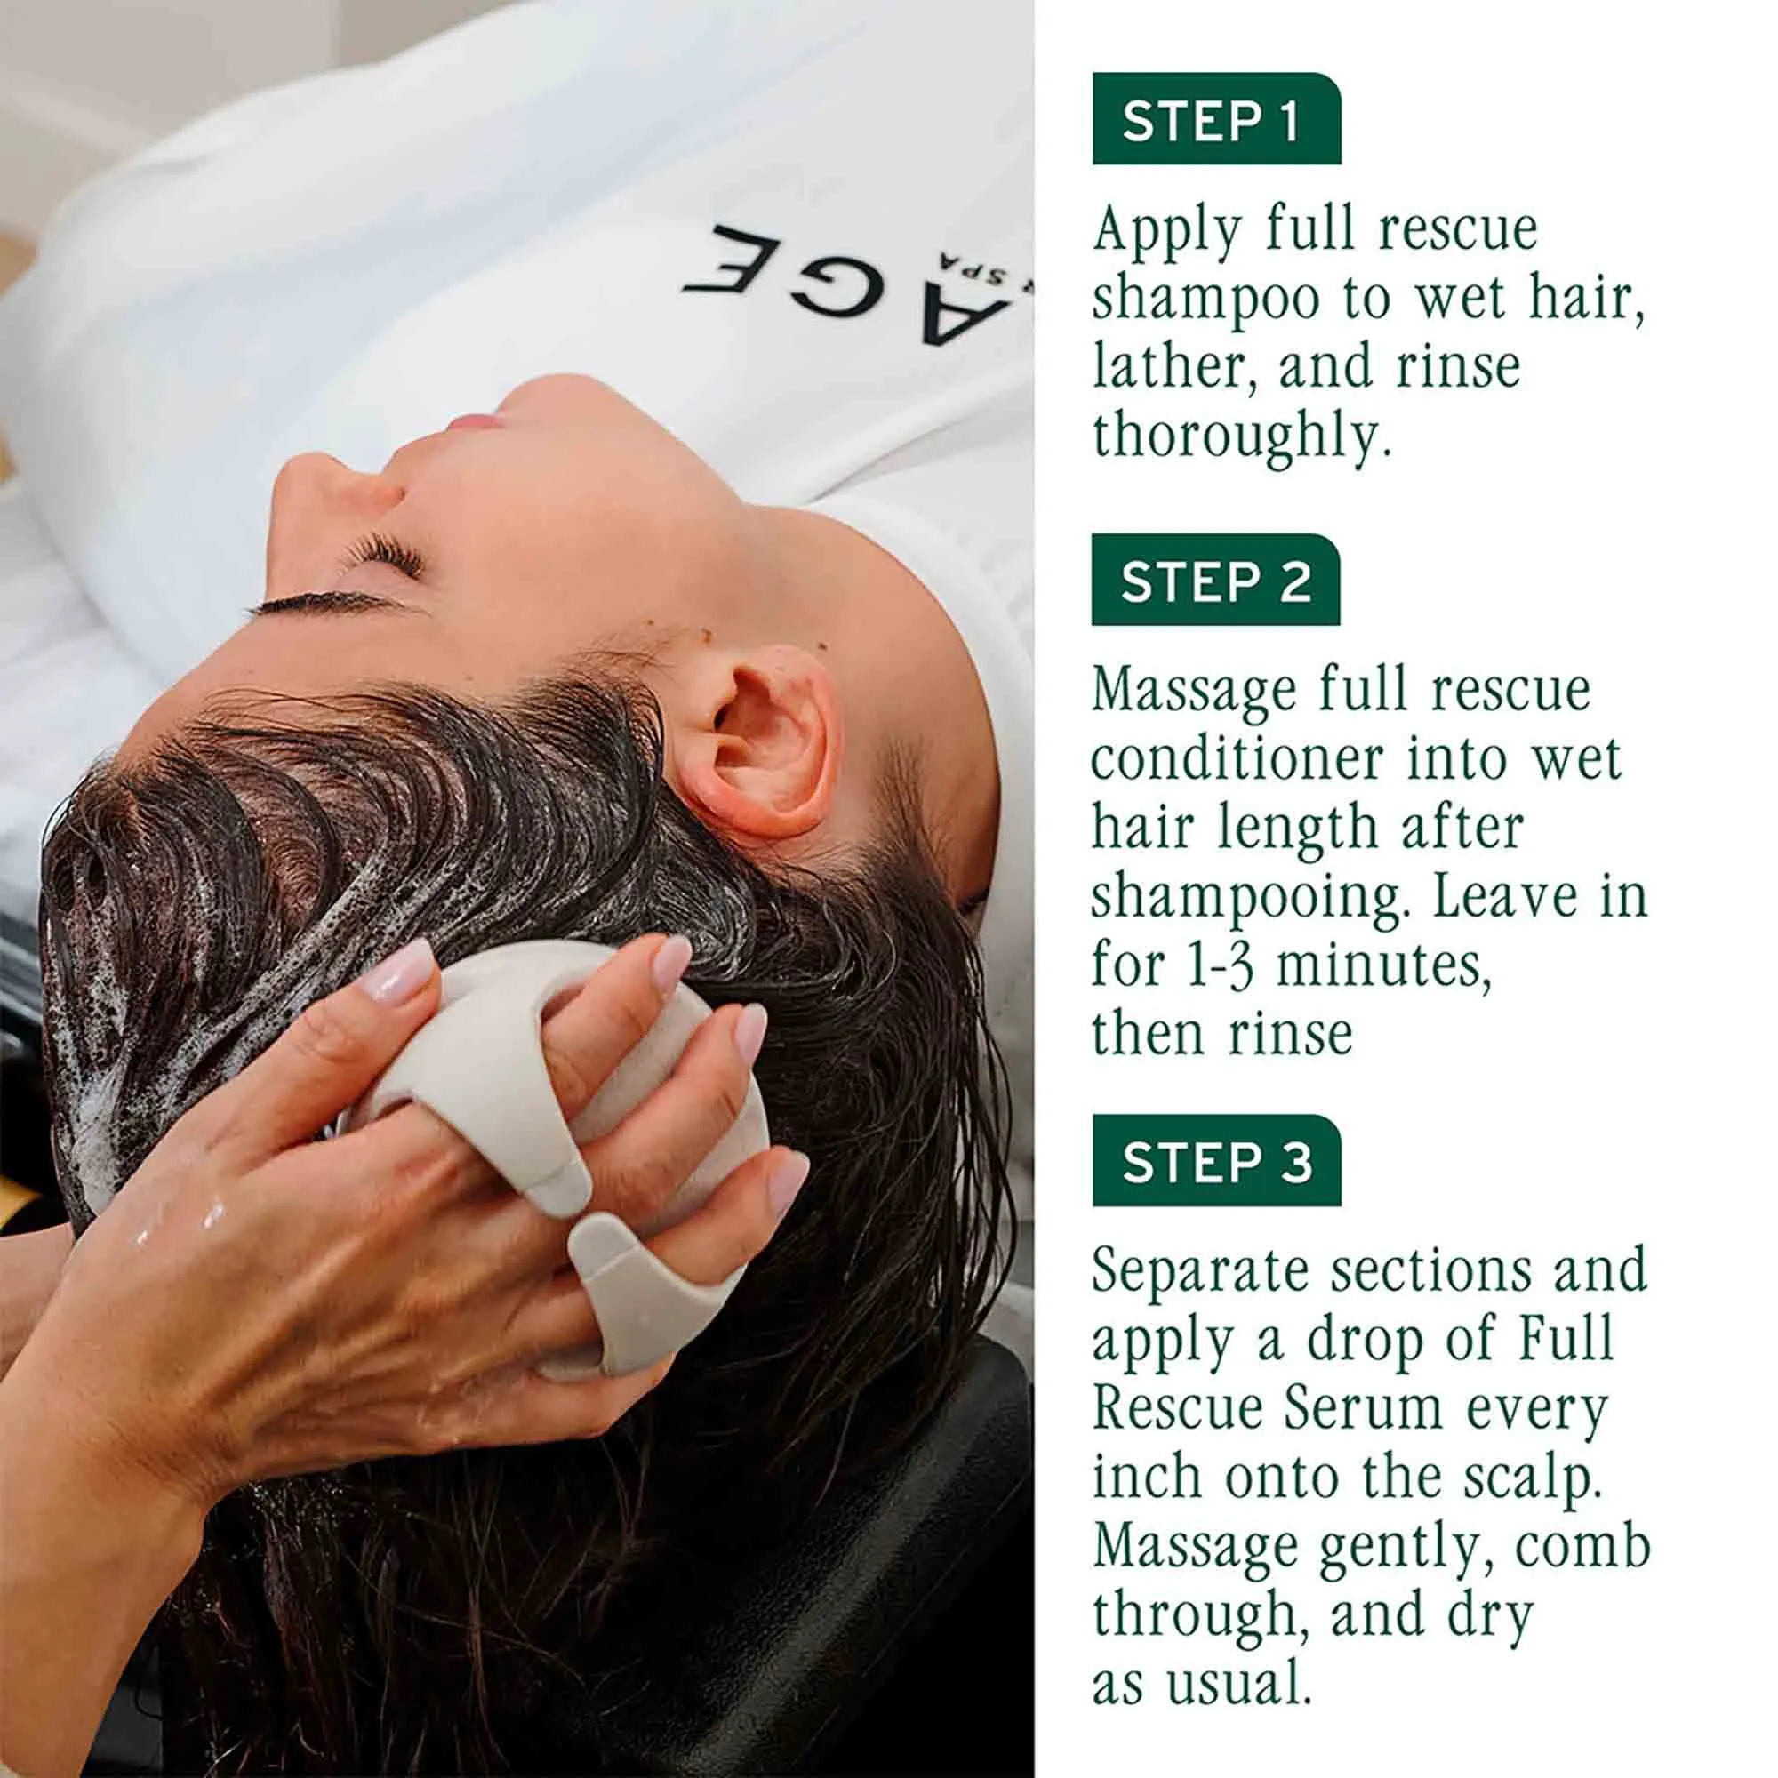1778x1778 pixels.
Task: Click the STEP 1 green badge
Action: point(1215,120)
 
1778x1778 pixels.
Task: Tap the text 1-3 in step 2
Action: point(1220,967)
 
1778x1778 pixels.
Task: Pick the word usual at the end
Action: point(1236,1685)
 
